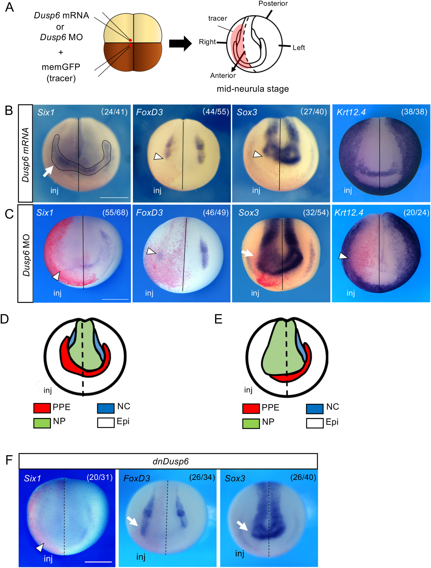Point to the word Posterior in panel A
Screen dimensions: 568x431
(x=273, y=4)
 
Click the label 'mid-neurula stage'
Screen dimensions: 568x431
(x=253, y=89)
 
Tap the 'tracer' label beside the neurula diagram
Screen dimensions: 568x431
(x=217, y=18)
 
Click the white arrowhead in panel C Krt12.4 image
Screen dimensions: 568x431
(x=343, y=256)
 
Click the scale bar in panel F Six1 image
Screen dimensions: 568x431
(x=98, y=562)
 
